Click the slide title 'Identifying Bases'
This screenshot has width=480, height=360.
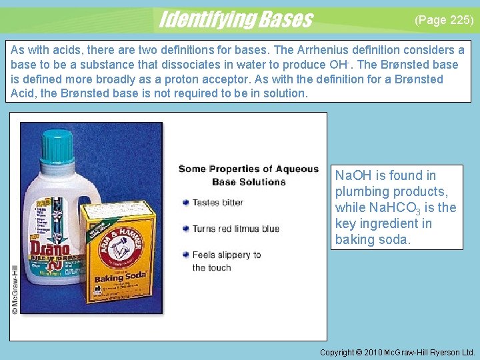(x=235, y=19)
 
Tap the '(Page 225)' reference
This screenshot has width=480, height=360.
(x=444, y=20)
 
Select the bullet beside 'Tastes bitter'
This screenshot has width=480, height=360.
(x=185, y=203)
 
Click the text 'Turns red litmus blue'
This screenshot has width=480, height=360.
(x=235, y=229)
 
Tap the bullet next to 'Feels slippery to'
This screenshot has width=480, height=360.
(x=185, y=255)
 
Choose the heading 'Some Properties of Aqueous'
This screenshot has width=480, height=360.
(x=249, y=169)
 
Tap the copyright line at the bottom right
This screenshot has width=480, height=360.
(x=397, y=352)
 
